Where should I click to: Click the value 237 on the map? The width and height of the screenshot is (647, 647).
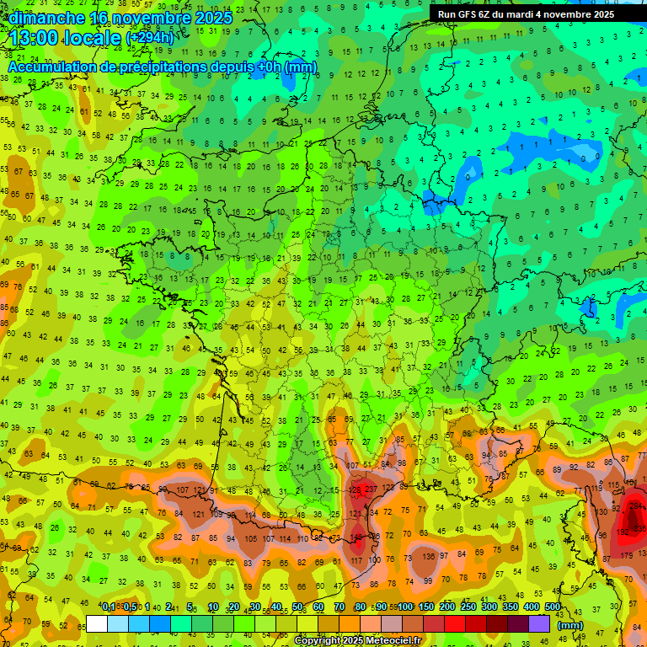(x=372, y=489)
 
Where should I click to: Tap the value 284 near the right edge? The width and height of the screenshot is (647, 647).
(x=636, y=506)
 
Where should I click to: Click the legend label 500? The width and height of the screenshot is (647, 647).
(x=553, y=607)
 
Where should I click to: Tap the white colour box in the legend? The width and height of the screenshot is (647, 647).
(x=97, y=624)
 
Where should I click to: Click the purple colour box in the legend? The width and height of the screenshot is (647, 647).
(x=539, y=624)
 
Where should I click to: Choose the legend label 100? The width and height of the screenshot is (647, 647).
(x=405, y=607)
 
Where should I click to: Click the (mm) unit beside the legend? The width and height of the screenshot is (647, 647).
(x=570, y=625)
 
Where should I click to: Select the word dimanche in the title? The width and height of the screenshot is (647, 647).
(x=45, y=17)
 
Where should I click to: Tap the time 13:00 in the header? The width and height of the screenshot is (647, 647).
(x=39, y=38)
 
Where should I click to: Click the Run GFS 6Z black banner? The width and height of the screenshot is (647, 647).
(x=537, y=14)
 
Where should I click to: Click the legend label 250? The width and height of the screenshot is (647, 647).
(x=468, y=607)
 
